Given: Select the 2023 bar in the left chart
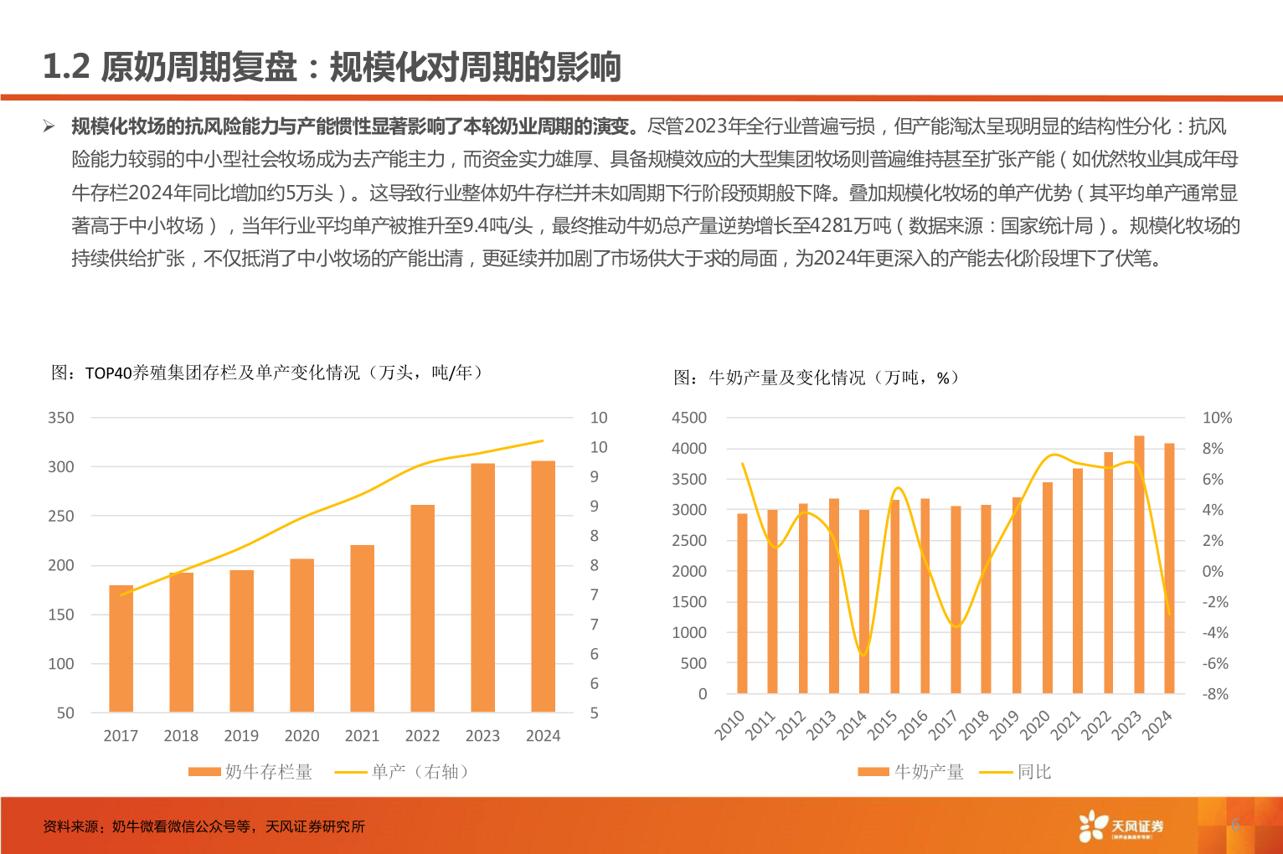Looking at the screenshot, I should point(482,587).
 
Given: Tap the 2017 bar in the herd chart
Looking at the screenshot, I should point(121,648).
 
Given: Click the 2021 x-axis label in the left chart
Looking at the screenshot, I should point(362,736).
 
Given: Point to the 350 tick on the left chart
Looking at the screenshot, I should point(61,418).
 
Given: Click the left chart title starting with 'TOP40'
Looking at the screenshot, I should point(268,373).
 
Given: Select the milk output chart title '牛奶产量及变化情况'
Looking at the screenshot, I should point(817,378).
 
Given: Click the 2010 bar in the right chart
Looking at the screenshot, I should point(742,603).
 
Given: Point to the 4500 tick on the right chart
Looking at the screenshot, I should point(689,418).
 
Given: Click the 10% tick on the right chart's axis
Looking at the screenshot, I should point(1217,418).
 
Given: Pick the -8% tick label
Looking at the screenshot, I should point(1215,694).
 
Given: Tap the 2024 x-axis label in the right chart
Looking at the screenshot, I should point(1158,725).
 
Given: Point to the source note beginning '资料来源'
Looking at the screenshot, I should point(204,826).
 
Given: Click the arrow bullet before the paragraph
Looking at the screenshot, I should point(49,126).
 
